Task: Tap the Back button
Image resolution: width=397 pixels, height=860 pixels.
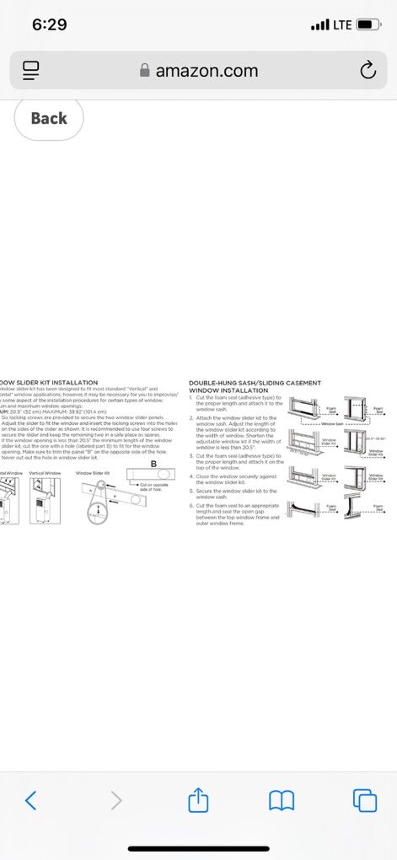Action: point(49,118)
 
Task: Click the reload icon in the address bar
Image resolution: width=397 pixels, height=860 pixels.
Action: point(367,71)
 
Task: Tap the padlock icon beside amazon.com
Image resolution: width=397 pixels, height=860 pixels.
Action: point(145,72)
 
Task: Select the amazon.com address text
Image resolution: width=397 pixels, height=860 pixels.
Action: point(207,71)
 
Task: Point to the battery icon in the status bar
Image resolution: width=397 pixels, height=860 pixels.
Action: point(368,24)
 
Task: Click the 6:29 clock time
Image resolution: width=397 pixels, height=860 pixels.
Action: point(49,24)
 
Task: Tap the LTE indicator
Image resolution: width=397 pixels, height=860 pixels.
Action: point(341,24)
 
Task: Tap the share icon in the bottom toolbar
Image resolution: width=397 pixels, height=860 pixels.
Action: point(198,800)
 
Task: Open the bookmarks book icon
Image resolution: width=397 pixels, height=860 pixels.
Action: point(281,800)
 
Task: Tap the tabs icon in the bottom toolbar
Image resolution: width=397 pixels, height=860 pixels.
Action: point(364,800)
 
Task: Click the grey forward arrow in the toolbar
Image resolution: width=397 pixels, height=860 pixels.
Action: point(115,800)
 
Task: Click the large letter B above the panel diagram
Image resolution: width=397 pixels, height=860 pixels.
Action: point(153,463)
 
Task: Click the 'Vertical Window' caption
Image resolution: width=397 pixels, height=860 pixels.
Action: point(46,473)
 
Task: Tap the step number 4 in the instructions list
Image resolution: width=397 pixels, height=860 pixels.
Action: point(190,476)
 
